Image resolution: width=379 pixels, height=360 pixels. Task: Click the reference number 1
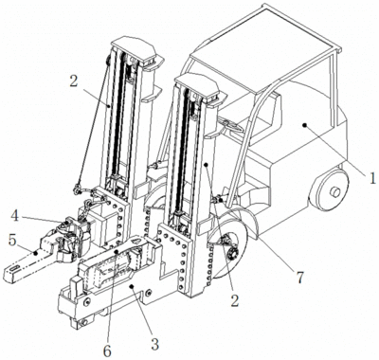[372, 178]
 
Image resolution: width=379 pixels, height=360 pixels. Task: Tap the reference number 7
[299, 277]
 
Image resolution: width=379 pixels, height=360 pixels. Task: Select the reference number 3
[154, 345]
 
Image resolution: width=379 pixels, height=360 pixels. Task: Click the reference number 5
[12, 241]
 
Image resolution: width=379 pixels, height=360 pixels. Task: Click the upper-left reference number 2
[73, 81]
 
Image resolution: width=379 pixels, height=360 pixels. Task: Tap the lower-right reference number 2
[235, 300]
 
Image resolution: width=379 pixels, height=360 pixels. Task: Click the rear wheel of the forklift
[330, 189]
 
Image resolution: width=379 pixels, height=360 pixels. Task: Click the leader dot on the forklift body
[305, 125]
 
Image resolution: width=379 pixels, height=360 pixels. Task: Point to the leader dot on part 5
[36, 253]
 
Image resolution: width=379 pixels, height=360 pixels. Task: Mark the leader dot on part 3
[133, 286]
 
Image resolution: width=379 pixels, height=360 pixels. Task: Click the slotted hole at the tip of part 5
[15, 268]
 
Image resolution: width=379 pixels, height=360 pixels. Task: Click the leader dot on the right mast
[206, 165]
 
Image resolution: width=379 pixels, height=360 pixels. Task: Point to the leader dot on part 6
[117, 252]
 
